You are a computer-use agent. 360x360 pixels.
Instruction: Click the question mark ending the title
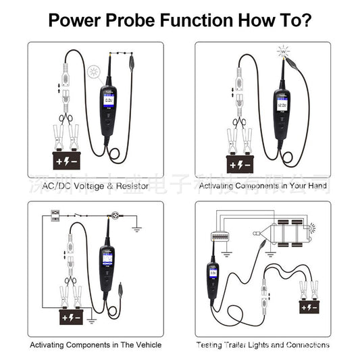tap(307, 20)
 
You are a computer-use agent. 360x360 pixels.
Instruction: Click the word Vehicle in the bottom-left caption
tap(146, 344)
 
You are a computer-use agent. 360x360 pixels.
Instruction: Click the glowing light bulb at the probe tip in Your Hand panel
tap(282, 51)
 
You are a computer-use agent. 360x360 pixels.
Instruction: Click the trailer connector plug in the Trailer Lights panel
tap(220, 236)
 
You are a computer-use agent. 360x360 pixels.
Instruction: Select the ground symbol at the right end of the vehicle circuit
tap(136, 228)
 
